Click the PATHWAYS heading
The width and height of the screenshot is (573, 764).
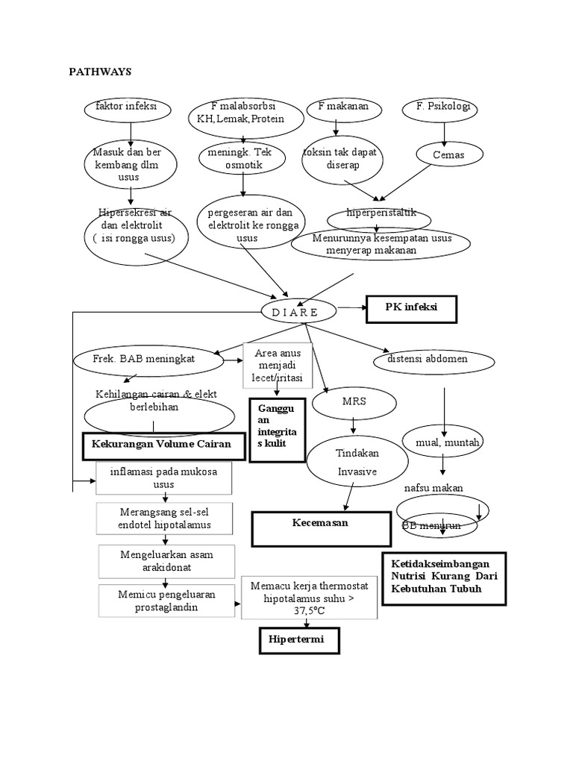pos(100,72)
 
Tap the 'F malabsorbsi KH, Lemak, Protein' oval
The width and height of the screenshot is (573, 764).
pos(241,113)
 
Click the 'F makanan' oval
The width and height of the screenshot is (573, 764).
pos(344,108)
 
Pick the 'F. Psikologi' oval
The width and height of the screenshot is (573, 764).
pos(447,109)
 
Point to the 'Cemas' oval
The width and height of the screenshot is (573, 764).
pos(448,155)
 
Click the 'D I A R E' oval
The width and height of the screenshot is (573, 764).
pos(290,312)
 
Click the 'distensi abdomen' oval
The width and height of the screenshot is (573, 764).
pos(433,360)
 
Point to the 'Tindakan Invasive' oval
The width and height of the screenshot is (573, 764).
pos(357,463)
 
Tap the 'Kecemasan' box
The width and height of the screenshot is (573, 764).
pos(321,527)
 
